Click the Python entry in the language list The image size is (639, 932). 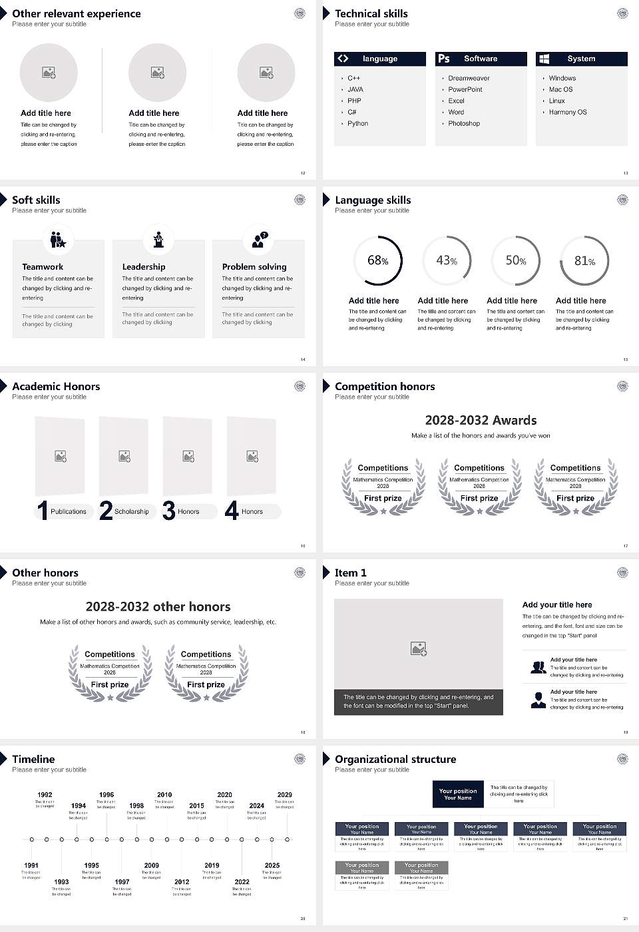click(357, 124)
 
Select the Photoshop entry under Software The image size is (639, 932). click(464, 124)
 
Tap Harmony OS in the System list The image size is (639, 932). click(568, 113)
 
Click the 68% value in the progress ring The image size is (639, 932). click(377, 261)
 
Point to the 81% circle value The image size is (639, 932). click(584, 261)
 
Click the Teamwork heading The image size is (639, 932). click(43, 267)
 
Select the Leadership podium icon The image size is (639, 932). click(158, 240)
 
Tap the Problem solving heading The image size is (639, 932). click(254, 267)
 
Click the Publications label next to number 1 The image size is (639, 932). click(69, 512)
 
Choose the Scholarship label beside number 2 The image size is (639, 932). click(132, 512)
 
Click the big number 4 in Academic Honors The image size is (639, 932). click(232, 511)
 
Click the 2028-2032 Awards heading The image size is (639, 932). click(481, 421)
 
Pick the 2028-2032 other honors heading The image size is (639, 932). click(158, 607)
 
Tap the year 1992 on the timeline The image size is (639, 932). click(45, 795)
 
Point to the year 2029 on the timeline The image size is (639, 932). click(284, 795)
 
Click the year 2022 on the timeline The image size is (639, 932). click(242, 882)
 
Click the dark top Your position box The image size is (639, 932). click(458, 794)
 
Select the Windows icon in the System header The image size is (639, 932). click(544, 59)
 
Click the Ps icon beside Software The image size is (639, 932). click(444, 59)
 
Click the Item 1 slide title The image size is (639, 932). click(350, 573)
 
